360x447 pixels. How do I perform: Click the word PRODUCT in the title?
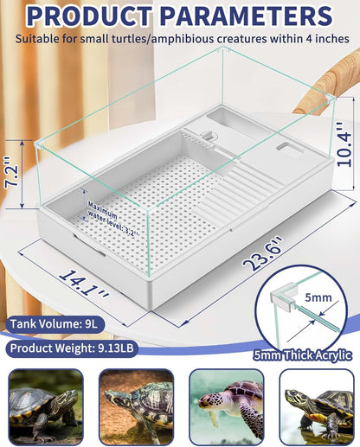[x=95, y=17]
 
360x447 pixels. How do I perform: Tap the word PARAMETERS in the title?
[x=249, y=17]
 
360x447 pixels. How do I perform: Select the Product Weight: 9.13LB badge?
[x=73, y=350]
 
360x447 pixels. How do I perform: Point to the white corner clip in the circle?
[x=282, y=298]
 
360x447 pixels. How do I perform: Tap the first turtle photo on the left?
[x=43, y=406]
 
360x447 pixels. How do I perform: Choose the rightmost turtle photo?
[x=315, y=406]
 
